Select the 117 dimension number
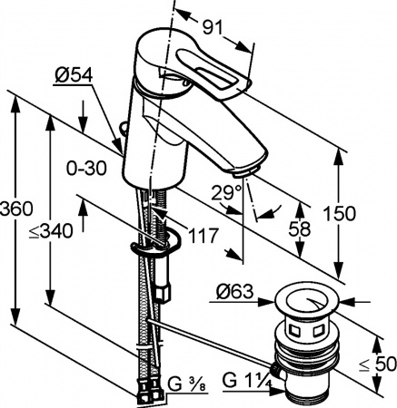[204, 236]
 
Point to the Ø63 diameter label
[235, 292]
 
